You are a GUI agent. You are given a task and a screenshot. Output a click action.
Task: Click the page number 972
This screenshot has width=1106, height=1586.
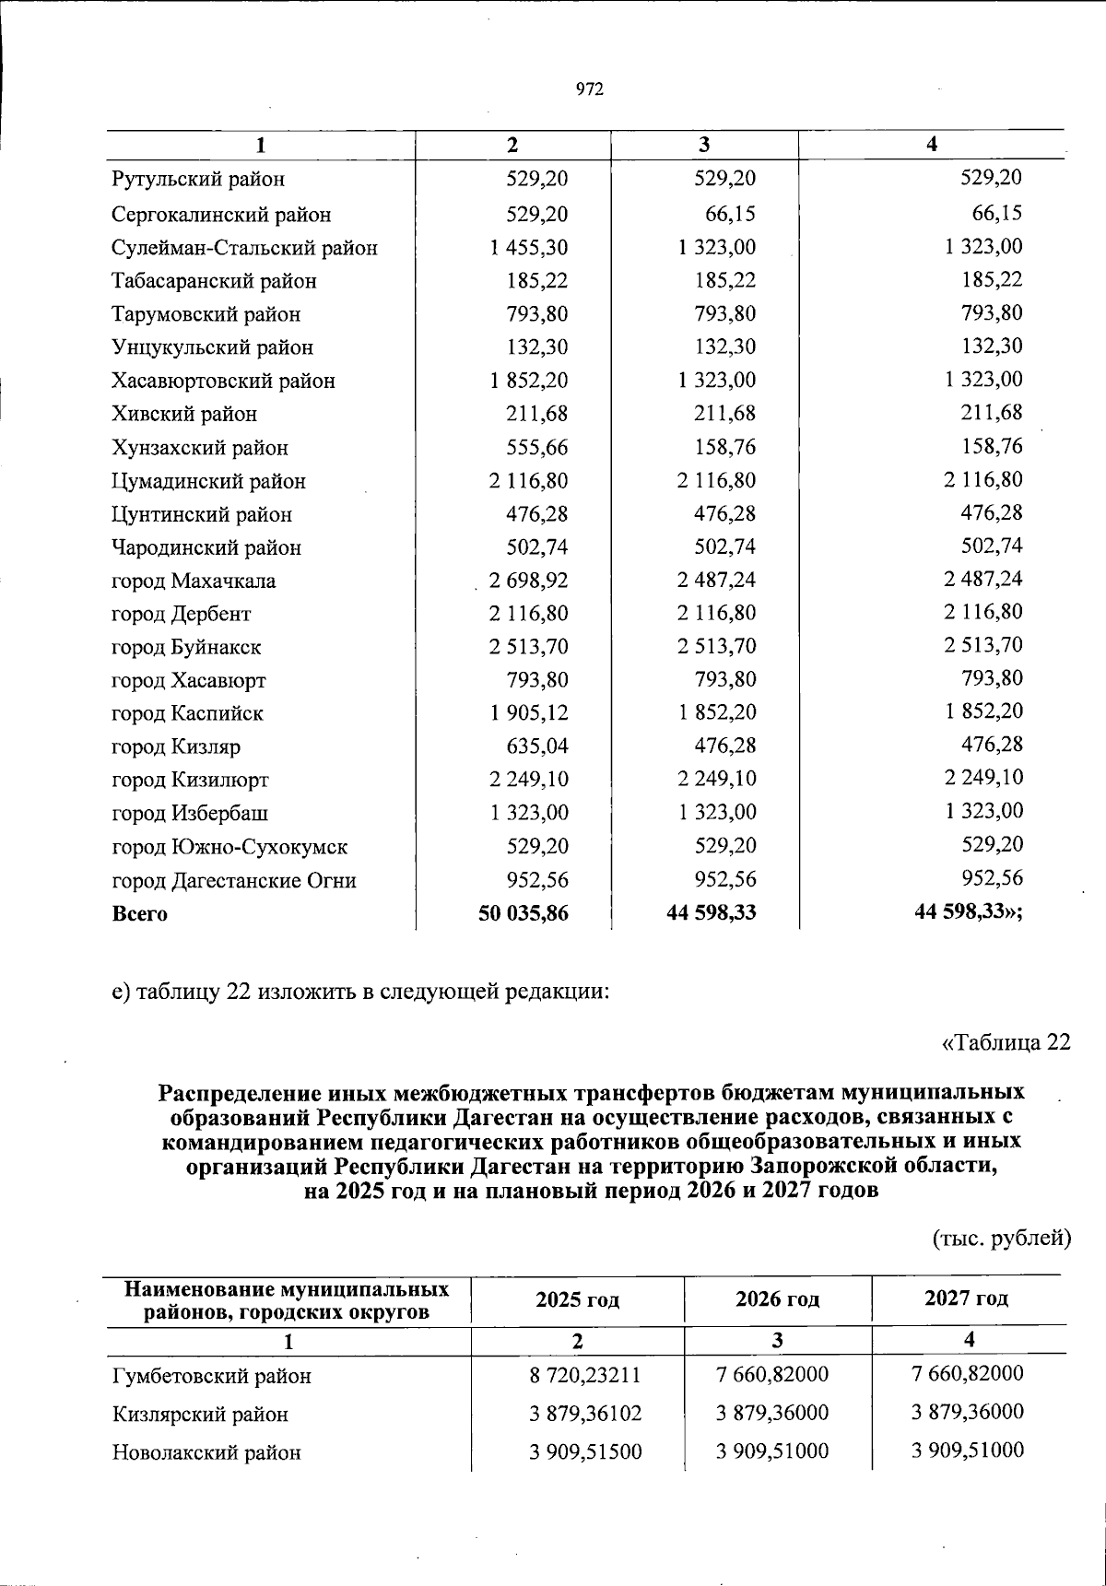589,88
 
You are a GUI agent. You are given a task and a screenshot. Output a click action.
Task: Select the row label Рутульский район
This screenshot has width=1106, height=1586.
197,180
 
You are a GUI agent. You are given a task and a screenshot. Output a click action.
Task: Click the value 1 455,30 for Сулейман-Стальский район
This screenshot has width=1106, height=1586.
529,248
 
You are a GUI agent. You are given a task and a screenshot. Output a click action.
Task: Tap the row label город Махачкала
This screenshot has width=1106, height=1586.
194,582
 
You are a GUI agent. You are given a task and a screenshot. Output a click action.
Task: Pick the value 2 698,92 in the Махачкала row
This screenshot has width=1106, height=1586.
529,581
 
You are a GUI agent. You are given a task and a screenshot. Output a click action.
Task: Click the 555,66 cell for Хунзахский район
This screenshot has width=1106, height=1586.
536,448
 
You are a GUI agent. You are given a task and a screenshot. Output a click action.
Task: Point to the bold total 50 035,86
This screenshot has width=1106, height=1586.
524,913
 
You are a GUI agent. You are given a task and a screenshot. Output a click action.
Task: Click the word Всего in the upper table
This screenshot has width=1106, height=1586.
139,914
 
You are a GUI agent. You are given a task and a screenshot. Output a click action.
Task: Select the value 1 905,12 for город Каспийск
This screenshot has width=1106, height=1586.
529,713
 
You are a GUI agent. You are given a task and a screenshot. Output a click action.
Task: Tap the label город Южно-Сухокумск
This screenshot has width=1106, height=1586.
229,847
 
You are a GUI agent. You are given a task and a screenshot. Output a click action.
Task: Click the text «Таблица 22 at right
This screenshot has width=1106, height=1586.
1006,1042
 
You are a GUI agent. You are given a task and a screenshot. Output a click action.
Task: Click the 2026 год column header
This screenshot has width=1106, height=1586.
777,1299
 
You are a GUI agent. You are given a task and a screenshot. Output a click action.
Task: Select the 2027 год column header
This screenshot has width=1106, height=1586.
966,1298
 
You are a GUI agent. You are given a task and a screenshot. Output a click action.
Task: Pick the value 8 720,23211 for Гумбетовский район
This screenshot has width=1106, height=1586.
585,1375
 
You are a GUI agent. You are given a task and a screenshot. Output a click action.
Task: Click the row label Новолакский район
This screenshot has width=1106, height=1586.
206,1453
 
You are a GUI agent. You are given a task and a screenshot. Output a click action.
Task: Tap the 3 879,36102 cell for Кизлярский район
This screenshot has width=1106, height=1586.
585,1414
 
